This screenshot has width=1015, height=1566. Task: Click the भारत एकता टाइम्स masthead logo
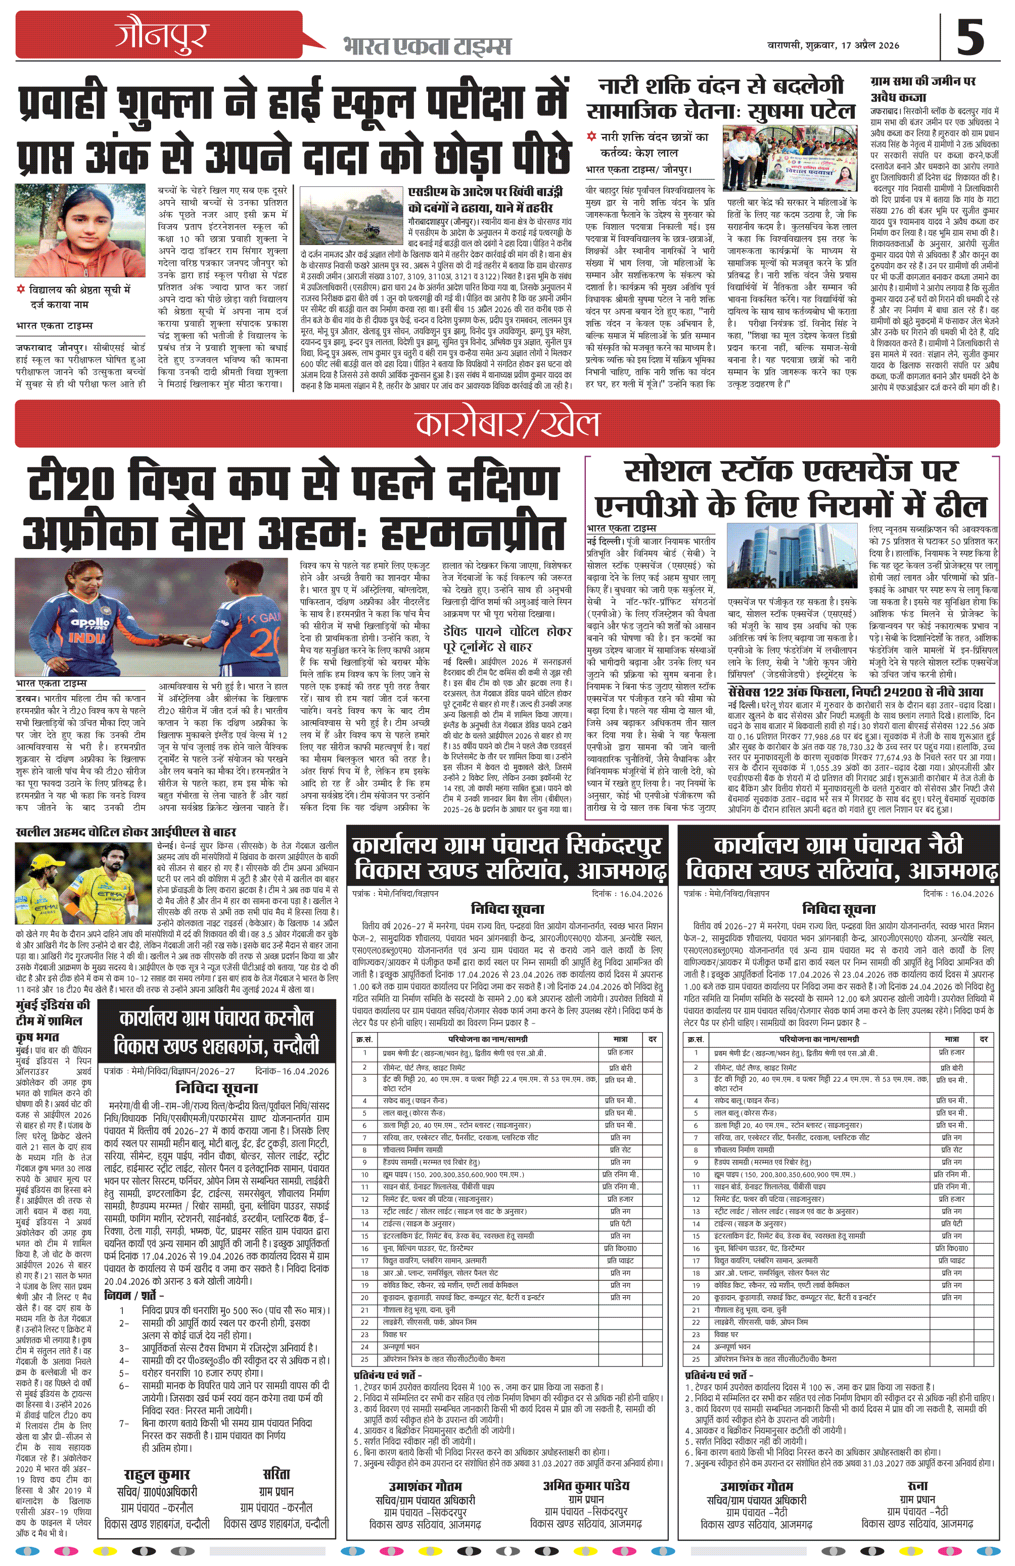427,46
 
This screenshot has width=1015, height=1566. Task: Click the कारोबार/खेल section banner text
507,424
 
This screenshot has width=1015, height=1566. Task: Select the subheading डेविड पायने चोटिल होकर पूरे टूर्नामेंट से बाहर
506,638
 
